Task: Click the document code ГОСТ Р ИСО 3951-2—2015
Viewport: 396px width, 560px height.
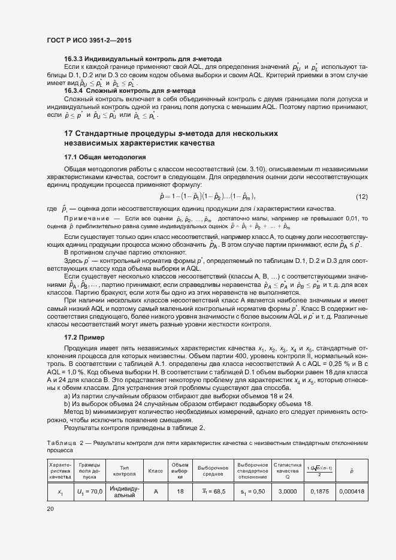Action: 89,40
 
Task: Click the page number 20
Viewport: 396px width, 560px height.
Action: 50,508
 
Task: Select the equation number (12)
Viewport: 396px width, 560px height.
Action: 361,196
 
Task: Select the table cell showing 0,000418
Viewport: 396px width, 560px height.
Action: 352,492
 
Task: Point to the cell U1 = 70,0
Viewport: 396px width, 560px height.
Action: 89,492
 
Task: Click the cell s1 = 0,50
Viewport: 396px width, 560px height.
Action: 252,492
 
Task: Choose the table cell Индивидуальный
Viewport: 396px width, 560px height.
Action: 125,492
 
